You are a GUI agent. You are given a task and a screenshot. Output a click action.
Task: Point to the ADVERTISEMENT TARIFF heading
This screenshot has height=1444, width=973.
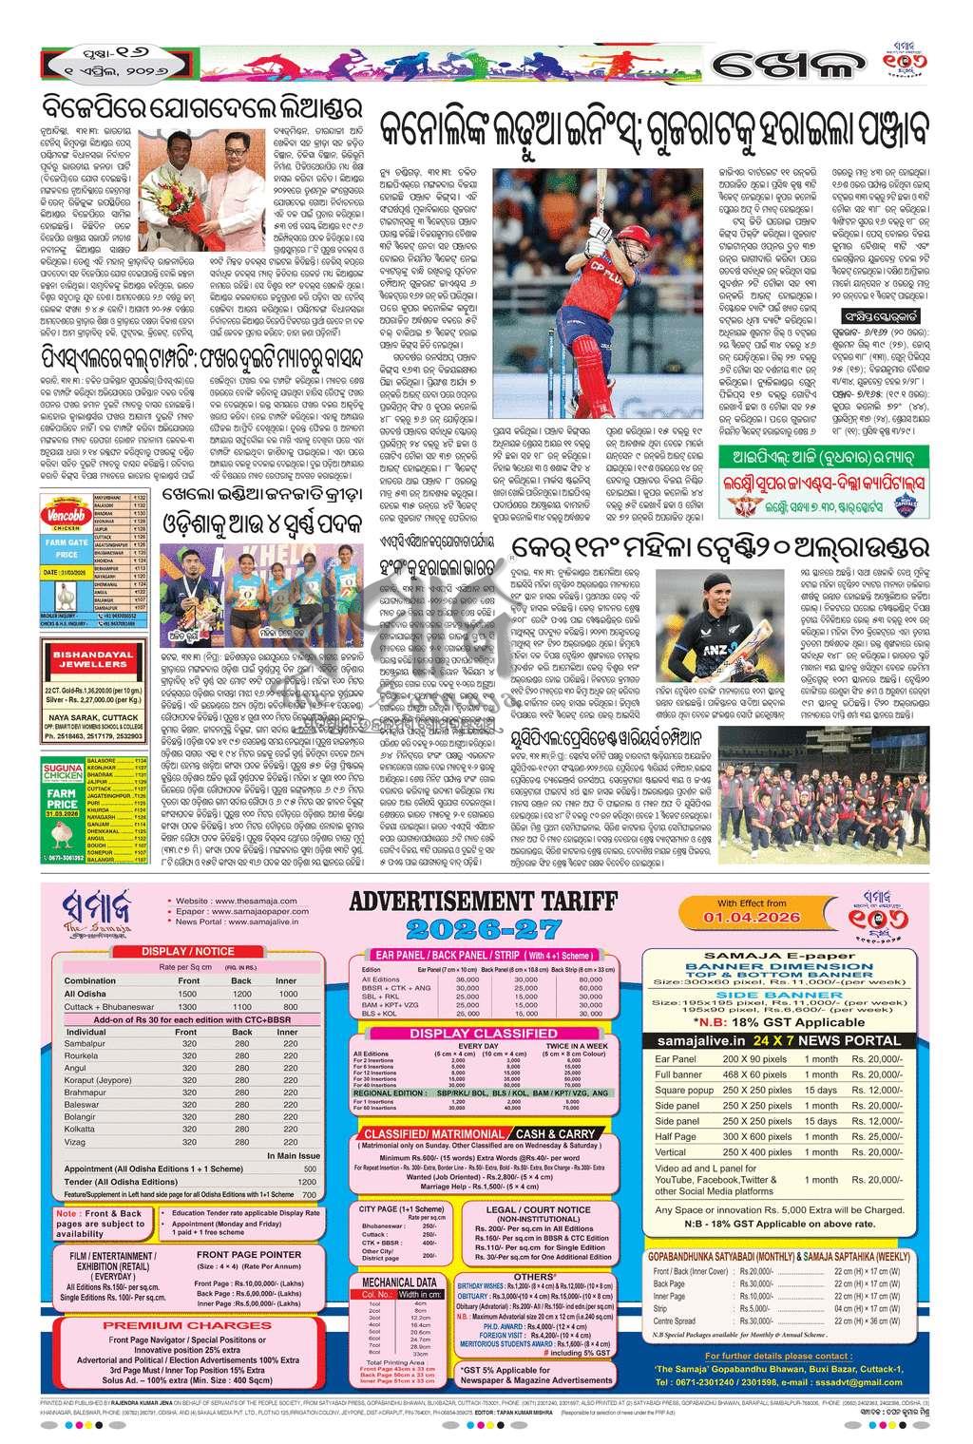coord(484,901)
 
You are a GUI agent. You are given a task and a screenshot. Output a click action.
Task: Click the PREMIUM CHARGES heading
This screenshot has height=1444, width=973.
coord(156,1324)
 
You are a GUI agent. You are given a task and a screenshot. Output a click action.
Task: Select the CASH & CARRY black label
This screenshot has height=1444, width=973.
coord(557,1133)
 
